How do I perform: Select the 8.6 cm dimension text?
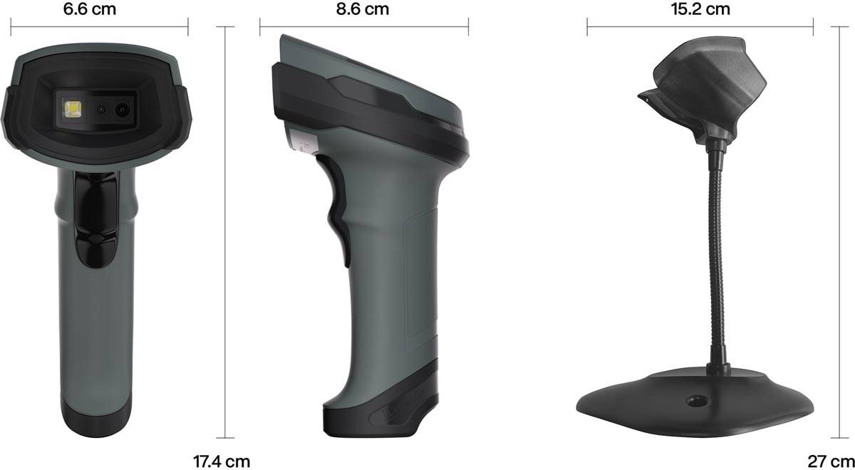pos(363,9)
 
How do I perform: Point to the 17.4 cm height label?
pos(222,461)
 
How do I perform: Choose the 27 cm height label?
pos(831,461)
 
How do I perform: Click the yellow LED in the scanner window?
pos(71,110)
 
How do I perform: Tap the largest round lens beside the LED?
pos(123,110)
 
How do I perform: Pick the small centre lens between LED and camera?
pos(101,110)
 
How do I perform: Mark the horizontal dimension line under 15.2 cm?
pos(700,28)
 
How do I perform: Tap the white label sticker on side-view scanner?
pos(299,139)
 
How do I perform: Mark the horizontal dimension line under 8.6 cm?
pos(363,28)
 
